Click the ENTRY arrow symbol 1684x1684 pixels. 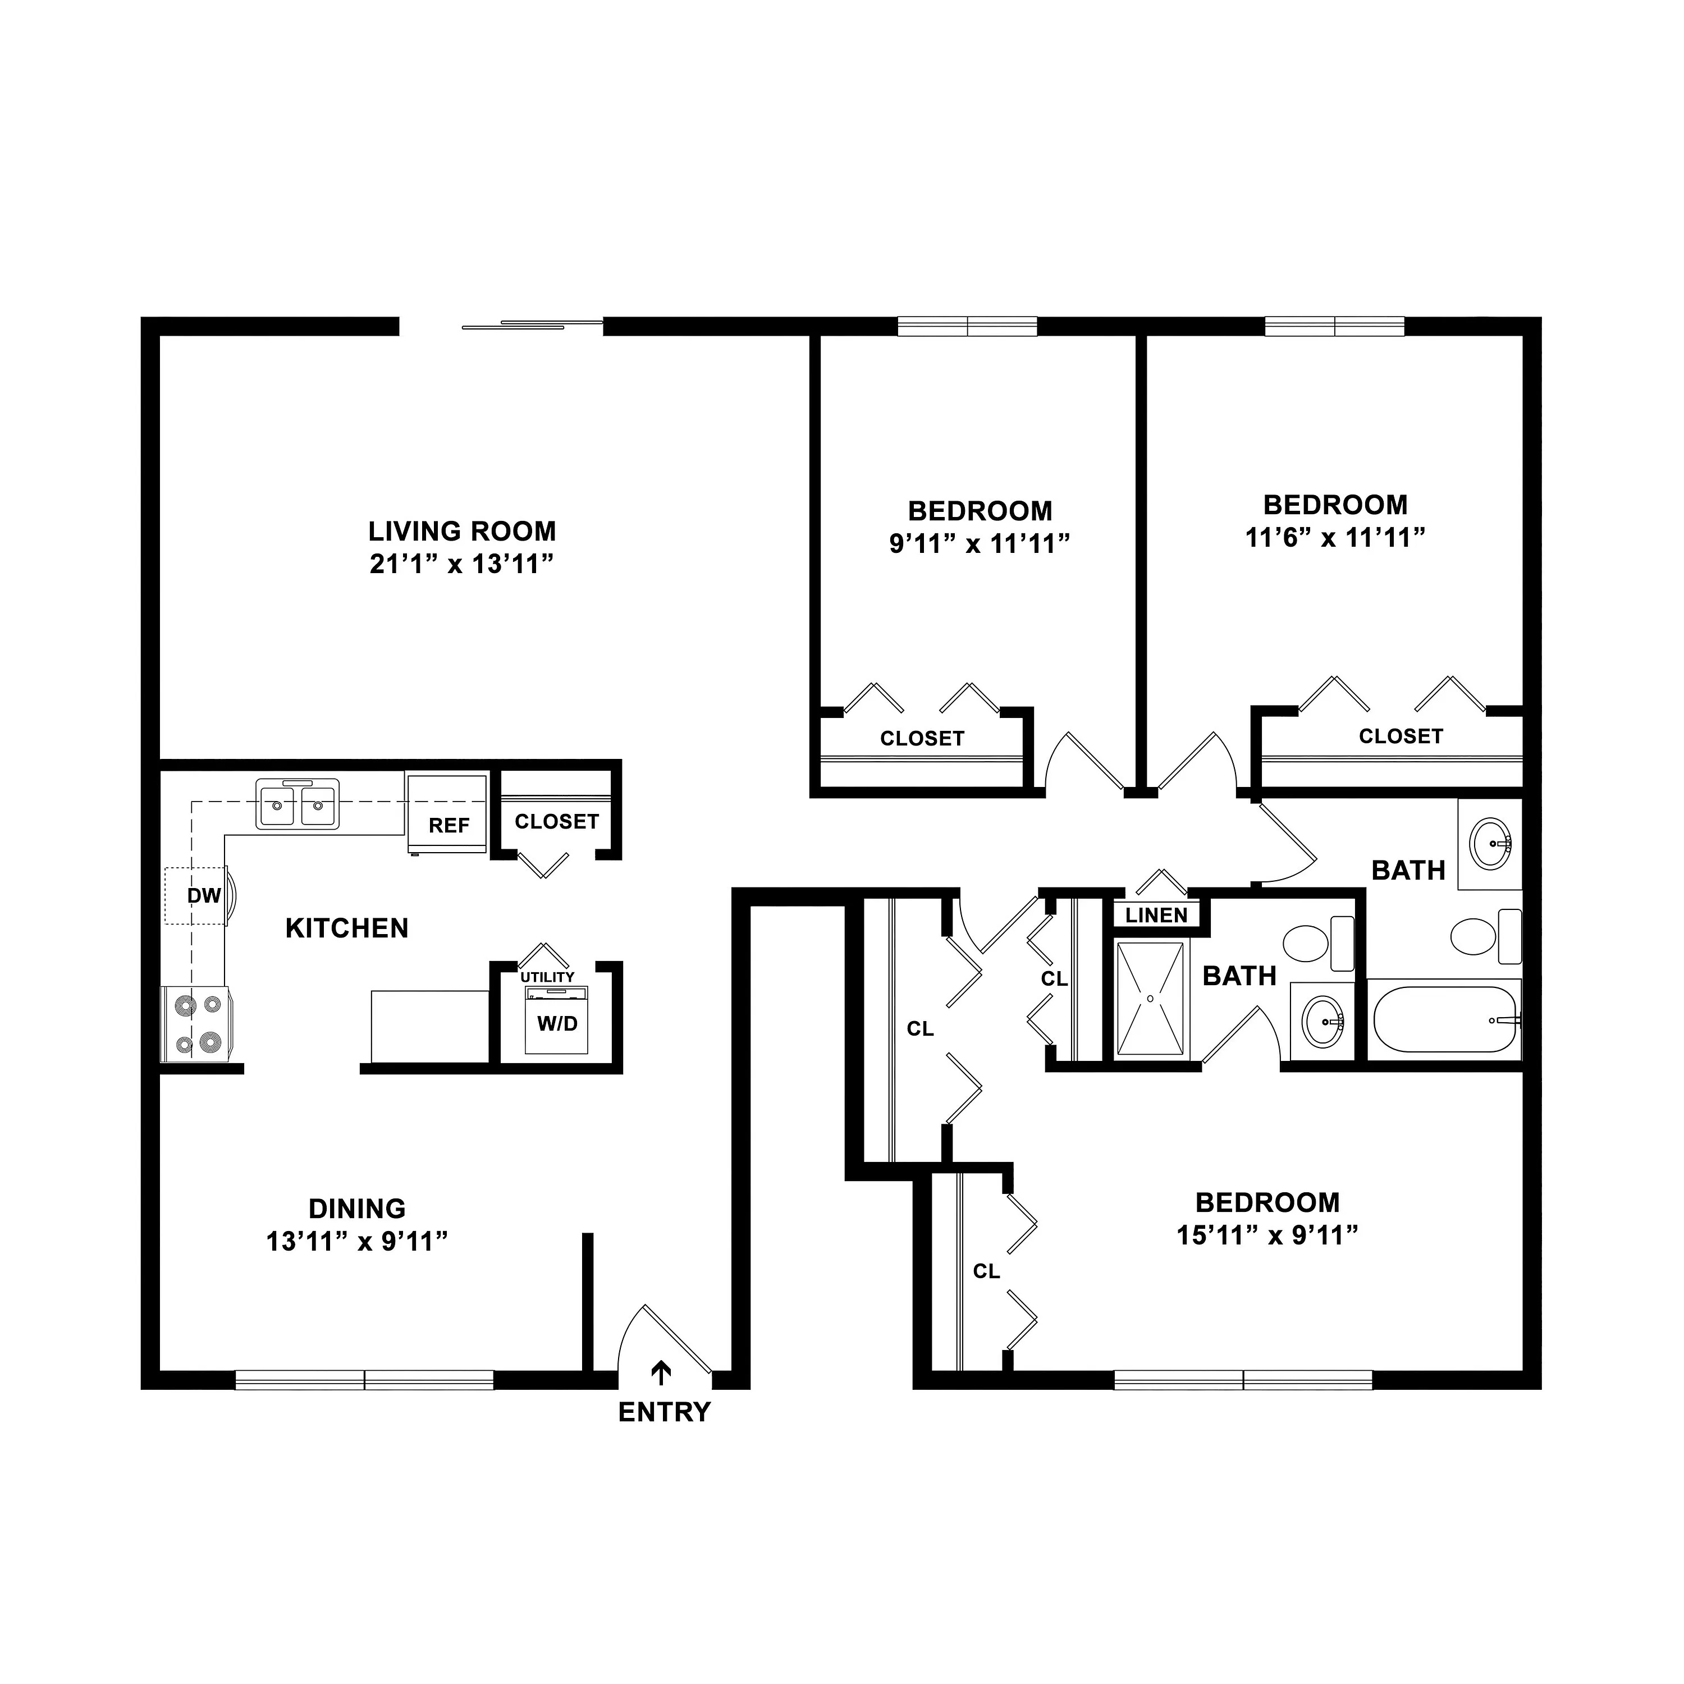pos(662,1373)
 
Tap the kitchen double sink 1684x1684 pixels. pos(296,804)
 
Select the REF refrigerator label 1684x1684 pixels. pos(449,825)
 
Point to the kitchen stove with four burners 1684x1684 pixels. pos(196,1025)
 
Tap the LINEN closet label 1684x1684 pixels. pos(1157,915)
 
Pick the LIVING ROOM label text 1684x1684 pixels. pos(462,531)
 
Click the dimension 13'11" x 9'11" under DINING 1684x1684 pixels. pos(358,1241)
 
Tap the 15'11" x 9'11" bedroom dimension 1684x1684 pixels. pos(1268,1235)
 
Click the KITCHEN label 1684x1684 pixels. pos(347,928)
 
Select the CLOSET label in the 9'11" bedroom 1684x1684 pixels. pos(922,739)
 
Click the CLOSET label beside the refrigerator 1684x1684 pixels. pos(557,822)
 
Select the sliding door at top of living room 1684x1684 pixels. pos(532,325)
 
